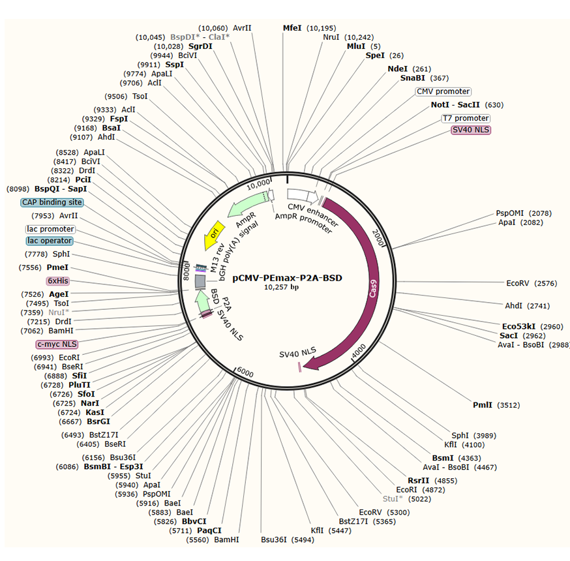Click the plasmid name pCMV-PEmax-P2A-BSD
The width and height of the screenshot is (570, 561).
click(x=287, y=278)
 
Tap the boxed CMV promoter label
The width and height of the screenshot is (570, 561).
click(x=443, y=91)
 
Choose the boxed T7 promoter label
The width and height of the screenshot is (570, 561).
click(x=466, y=118)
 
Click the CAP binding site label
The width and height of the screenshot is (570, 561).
click(x=52, y=202)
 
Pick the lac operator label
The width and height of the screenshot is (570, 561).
click(x=51, y=241)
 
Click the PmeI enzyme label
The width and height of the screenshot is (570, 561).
click(x=58, y=267)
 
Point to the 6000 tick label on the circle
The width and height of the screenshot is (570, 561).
click(x=245, y=372)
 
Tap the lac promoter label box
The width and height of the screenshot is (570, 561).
click(x=50, y=229)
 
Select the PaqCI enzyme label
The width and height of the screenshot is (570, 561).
click(x=210, y=530)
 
